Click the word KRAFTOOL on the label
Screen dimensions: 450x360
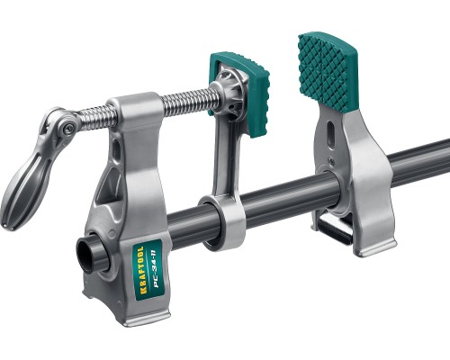142,269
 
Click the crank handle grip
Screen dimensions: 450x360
24,191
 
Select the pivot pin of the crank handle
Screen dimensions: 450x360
67,128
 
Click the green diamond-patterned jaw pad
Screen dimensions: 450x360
328,71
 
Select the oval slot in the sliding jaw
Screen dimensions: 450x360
330,133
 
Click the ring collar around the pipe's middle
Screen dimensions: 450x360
223,222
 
